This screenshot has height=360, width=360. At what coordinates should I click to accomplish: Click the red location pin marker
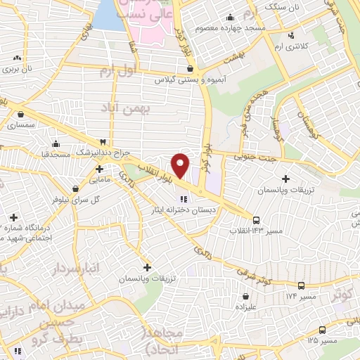[x=181, y=165]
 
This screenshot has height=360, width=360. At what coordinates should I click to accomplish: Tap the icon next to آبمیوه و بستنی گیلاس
[x=191, y=69]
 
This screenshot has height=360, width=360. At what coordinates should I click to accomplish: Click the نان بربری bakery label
[x=20, y=70]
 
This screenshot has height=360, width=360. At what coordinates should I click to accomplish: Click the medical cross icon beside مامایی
[x=100, y=169]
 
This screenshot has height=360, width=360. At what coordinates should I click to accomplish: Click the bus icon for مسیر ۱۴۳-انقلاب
[x=256, y=219]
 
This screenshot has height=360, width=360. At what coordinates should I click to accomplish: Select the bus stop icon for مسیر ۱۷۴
[x=302, y=285]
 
